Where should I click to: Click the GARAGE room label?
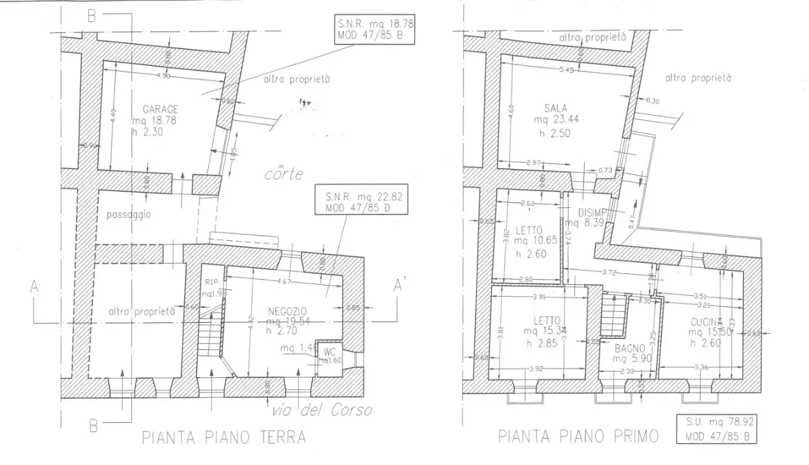coord(155,109)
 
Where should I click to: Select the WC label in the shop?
coord(329,351)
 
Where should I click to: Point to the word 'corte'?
coord(284,174)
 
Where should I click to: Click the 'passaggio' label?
coord(128,215)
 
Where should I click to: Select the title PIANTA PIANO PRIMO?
coord(578,437)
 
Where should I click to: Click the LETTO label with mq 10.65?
coord(529,230)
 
